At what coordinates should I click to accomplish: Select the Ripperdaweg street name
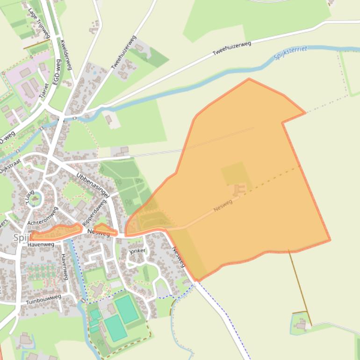94,215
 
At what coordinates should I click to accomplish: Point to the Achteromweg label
42,216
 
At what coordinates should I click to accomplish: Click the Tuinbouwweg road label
43,299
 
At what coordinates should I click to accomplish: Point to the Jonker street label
137,251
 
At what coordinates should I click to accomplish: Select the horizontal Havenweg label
41,245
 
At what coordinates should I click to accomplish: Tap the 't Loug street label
29,198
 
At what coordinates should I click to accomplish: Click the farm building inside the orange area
239,189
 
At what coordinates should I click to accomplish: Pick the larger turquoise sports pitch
126,309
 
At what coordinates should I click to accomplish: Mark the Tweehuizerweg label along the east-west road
232,49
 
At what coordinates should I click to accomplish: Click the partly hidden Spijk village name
22,238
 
